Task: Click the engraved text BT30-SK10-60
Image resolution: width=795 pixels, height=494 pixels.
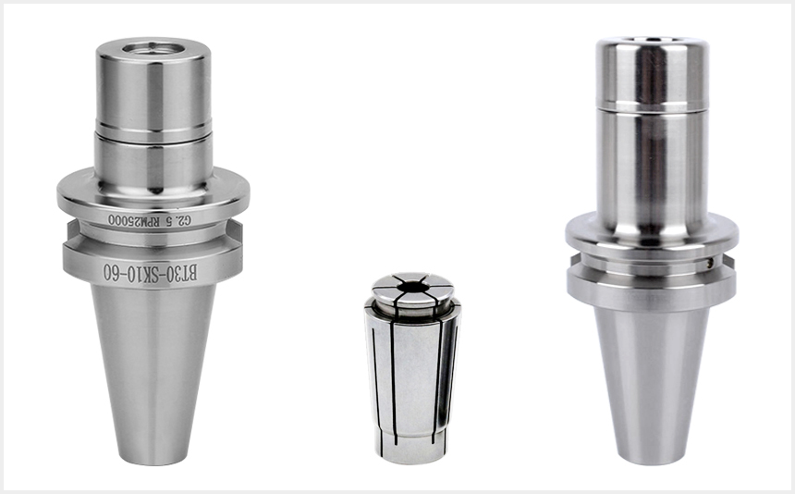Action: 150,272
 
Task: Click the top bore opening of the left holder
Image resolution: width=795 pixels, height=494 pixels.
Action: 153,48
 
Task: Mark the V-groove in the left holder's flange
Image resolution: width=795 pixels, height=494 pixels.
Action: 153,236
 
